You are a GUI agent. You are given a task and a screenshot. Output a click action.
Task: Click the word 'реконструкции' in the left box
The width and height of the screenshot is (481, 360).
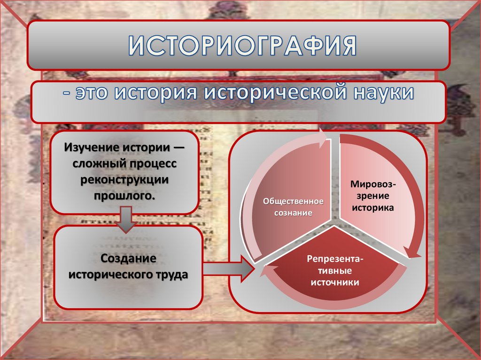124,180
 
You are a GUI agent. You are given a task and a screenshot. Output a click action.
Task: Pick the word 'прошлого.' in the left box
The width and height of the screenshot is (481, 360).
124,195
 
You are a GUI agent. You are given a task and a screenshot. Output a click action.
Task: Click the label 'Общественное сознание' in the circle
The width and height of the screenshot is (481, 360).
293,207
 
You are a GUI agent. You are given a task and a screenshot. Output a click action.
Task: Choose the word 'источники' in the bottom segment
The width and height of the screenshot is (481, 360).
335,282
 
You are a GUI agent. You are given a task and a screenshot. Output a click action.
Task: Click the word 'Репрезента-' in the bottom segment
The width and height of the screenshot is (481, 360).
335,260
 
